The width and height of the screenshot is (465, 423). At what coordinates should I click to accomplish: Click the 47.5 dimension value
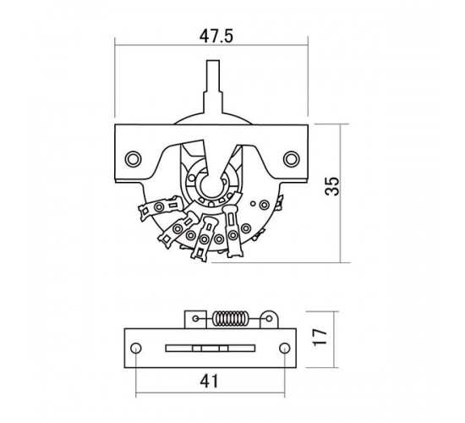216,37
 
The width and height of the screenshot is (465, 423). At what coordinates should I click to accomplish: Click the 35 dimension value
332,186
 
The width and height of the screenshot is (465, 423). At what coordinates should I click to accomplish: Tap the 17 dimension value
320,338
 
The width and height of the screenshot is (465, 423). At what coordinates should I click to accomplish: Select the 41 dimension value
209,382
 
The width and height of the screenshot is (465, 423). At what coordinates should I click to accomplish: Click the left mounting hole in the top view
133,159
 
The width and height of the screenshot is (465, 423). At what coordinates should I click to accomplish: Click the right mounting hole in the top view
291,159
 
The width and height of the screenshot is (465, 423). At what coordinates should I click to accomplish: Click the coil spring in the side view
230,319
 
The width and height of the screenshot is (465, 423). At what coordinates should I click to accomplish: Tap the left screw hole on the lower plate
136,348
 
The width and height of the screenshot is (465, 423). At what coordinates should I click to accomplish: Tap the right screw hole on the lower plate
285,348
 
